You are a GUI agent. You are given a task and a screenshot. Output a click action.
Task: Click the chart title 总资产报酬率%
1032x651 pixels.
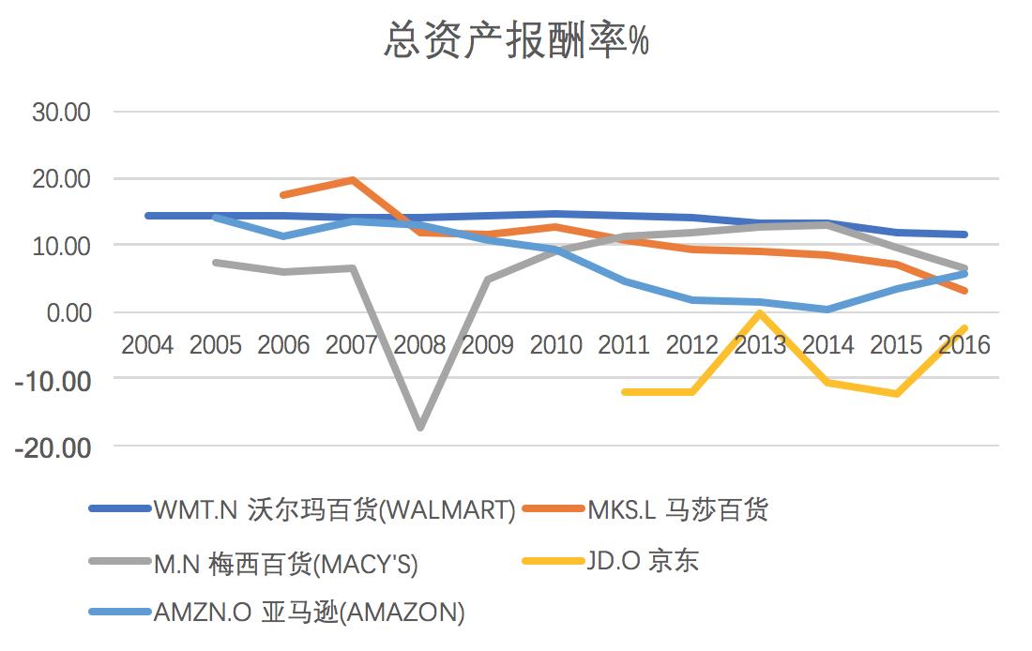coord(516,41)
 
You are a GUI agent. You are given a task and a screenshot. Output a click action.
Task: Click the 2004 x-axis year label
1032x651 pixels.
coord(147,345)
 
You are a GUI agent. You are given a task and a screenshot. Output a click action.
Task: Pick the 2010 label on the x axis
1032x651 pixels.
coord(555,345)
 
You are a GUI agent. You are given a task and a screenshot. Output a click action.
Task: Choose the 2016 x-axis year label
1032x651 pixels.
coord(964,345)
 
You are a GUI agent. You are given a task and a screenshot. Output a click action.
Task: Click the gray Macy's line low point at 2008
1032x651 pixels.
coord(419,428)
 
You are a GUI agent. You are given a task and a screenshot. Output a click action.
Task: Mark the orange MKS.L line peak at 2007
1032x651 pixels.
coord(352,179)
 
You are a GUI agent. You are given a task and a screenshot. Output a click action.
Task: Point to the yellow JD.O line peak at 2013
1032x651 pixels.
coord(760,313)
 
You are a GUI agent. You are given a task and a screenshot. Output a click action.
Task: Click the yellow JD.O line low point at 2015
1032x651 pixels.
coord(896,394)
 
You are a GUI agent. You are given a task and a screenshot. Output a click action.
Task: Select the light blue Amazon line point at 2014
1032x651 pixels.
coord(827,310)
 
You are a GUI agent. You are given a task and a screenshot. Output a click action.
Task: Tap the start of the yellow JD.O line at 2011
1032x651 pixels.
coord(624,392)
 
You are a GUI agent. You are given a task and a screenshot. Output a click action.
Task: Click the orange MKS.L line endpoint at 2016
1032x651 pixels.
coord(964,291)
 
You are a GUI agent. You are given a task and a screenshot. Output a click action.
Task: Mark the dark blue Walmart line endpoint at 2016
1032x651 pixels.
coord(964,235)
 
